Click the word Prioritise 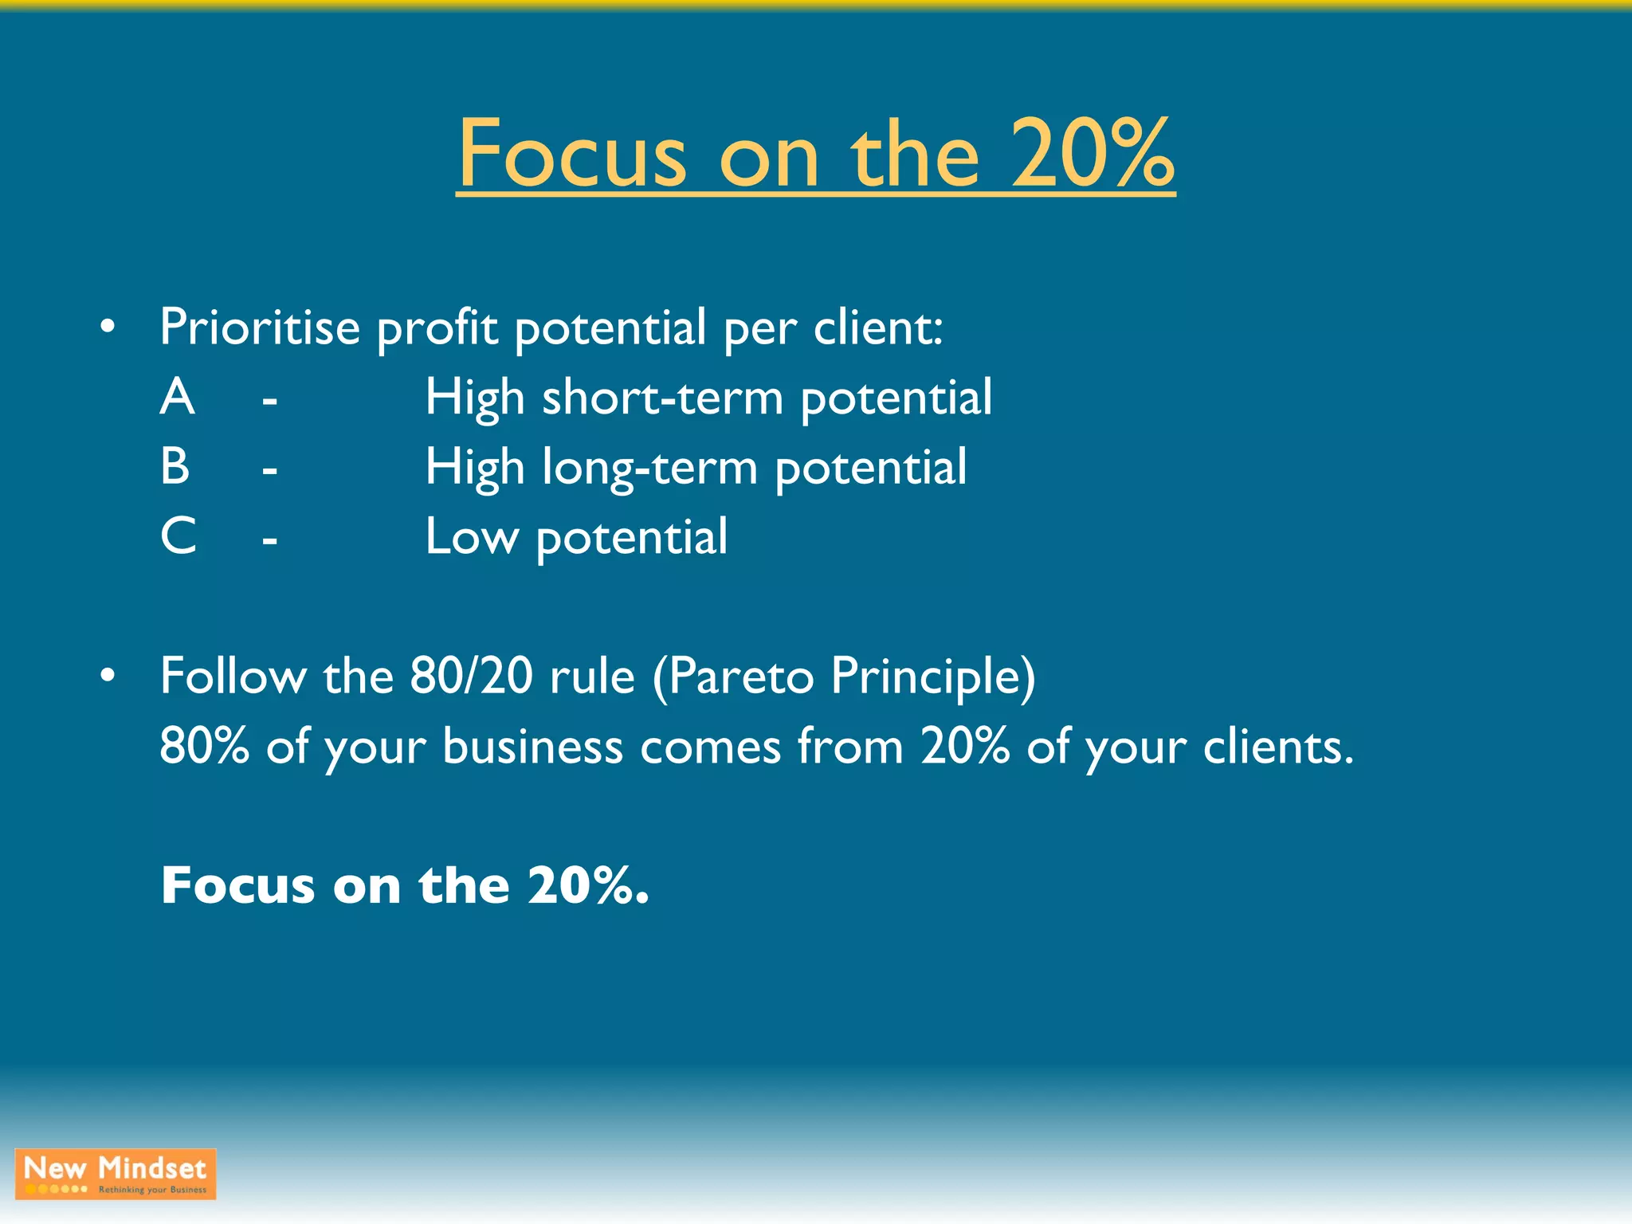260,328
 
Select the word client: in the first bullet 878,328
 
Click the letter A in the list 177,397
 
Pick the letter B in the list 175,466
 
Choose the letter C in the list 178,535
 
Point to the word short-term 662,397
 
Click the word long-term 649,468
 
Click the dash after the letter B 270,471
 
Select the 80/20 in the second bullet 471,676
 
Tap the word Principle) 933,677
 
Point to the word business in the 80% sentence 532,747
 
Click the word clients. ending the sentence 1278,747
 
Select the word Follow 233,676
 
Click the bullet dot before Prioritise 108,327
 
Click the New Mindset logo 116,1174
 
